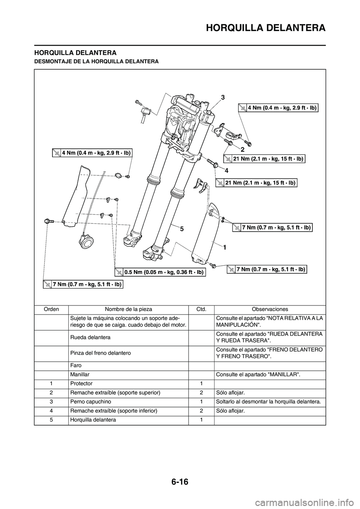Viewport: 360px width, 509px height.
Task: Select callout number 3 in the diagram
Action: point(222,97)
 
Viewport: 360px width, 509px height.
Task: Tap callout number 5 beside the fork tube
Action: point(181,228)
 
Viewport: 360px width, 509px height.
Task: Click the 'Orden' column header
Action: point(51,309)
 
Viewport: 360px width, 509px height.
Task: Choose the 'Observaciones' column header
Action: point(270,309)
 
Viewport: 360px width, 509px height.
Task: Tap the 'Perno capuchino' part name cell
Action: point(90,401)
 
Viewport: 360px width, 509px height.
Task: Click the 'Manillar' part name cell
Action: point(79,374)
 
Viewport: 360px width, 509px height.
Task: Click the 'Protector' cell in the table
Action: point(81,383)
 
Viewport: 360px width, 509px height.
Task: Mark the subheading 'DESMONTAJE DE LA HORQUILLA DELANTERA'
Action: point(96,61)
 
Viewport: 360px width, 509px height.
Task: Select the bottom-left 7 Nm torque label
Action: point(83,284)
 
